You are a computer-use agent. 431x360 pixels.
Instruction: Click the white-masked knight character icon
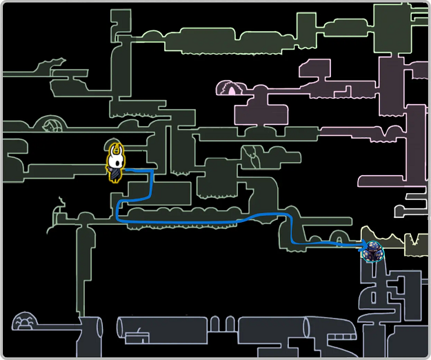coord(117,163)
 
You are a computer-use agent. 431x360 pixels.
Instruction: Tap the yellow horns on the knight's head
coord(117,148)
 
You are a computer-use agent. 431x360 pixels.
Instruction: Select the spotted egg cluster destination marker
coord(374,252)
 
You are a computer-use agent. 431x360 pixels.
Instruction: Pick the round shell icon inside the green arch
coord(52,126)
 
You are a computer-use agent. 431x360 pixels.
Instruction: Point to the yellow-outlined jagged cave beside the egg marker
coord(407,241)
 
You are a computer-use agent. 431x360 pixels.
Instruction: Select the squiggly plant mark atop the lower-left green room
coord(61,205)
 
